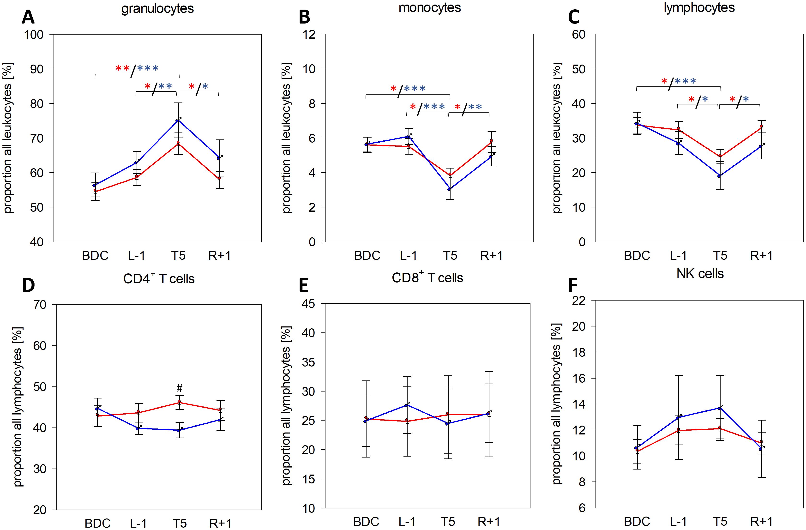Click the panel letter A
coord(28,17)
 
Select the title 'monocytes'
coord(429,7)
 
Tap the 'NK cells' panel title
coord(700,274)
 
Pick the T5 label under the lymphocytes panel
coord(720,255)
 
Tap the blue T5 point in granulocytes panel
coord(177,121)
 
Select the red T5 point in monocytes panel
coord(450,175)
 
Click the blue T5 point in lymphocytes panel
coord(718,176)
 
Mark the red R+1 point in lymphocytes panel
coord(761,126)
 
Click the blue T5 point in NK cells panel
coord(719,408)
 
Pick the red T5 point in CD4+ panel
coord(179,402)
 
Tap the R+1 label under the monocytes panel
coord(491,255)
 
